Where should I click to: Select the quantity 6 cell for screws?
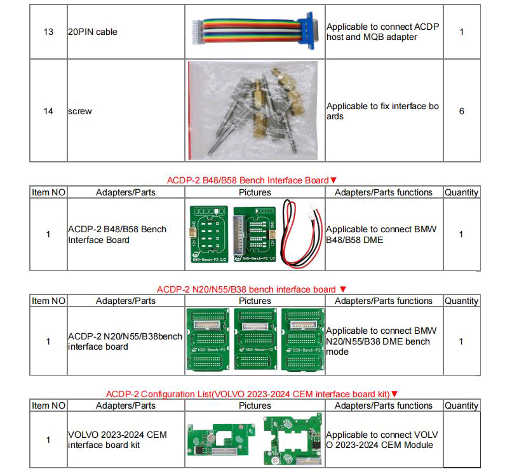click(461, 111)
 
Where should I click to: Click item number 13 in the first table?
click(48, 32)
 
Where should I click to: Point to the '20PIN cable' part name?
click(93, 32)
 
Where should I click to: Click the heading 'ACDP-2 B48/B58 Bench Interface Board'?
click(248, 180)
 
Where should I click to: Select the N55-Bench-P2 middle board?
click(255, 339)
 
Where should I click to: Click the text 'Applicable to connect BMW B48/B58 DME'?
click(381, 234)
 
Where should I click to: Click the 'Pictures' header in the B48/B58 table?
click(255, 192)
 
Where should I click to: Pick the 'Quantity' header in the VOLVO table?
click(461, 405)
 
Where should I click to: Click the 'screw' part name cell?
click(80, 111)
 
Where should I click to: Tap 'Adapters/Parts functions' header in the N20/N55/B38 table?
click(383, 301)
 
